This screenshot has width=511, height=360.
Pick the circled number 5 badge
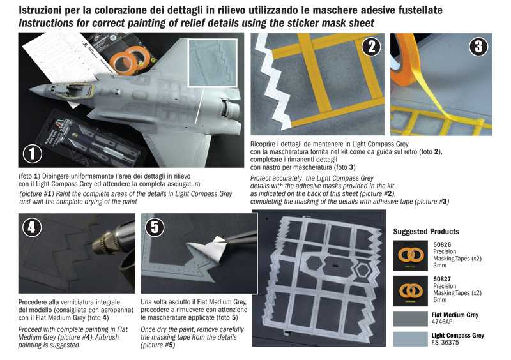pyautogui.click(x=156, y=228)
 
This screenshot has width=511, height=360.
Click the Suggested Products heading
pyautogui.click(x=426, y=231)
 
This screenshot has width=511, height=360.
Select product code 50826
pyautogui.click(x=443, y=244)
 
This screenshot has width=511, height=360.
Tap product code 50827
pyautogui.click(x=443, y=279)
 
